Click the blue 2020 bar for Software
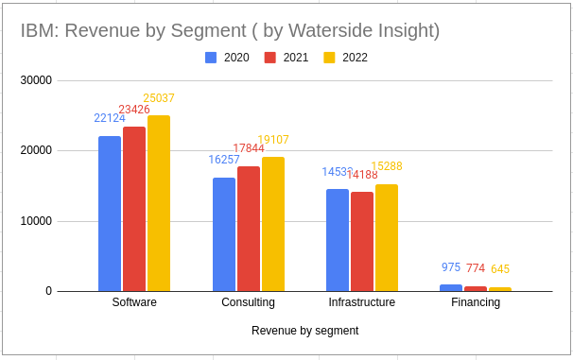[110, 214]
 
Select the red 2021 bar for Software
[134, 209]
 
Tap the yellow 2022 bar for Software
[159, 203]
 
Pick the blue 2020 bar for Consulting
[224, 234]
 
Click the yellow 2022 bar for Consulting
[272, 224]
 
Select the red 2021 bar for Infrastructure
[362, 241]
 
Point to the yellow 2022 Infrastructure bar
[387, 237]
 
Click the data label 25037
[159, 98]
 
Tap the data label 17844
[249, 149]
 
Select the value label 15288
[387, 167]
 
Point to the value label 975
[451, 267]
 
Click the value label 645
[500, 269]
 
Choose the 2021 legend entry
[286, 58]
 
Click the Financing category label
[476, 303]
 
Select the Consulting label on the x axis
[248, 303]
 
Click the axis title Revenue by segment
[304, 331]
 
